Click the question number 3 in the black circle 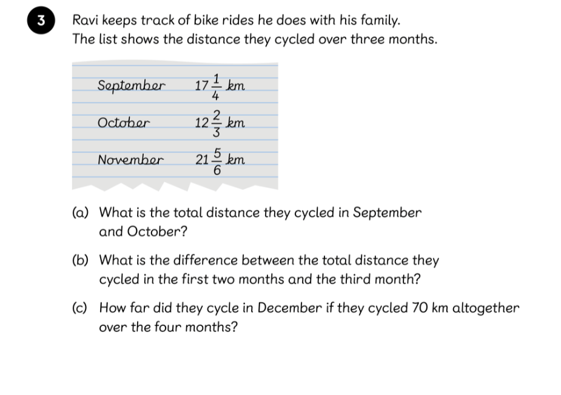click(x=41, y=20)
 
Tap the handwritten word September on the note click(x=131, y=85)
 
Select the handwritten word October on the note click(x=124, y=123)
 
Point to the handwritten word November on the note click(x=130, y=161)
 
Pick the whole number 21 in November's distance click(x=202, y=161)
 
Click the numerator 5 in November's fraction click(x=217, y=153)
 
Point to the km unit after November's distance click(x=236, y=160)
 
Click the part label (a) click(x=80, y=213)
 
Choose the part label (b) click(x=80, y=261)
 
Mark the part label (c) click(x=79, y=308)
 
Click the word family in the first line click(x=378, y=20)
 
